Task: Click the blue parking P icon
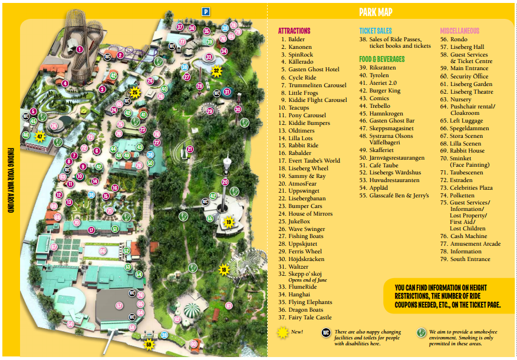coord(206,11)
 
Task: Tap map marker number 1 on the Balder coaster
coord(80,49)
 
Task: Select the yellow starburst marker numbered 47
coord(40,137)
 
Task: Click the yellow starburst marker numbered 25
coord(134,92)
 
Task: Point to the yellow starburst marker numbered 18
coord(223,270)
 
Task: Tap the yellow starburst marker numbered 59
coord(149,344)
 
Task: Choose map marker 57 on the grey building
coord(119,306)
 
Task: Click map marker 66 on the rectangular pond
coord(103,251)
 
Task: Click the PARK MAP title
coord(376,12)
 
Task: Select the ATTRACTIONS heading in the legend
coord(294,31)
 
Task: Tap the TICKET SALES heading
coord(376,31)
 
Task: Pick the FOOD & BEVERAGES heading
coord(382,59)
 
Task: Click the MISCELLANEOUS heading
coord(460,31)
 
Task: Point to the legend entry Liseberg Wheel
coord(308,168)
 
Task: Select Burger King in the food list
coord(386,91)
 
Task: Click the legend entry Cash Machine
coord(468,236)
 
